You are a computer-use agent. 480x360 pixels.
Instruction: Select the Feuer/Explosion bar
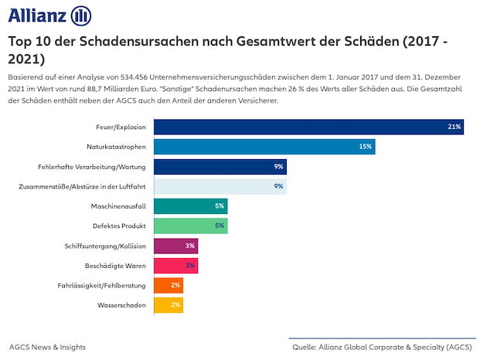(x=308, y=127)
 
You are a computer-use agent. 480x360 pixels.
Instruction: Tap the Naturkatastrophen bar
(x=264, y=146)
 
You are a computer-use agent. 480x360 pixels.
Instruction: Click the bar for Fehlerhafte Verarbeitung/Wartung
(x=220, y=166)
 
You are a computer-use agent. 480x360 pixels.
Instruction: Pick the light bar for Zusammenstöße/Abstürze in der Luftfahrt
(x=220, y=186)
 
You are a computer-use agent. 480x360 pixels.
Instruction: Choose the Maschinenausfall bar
(x=190, y=206)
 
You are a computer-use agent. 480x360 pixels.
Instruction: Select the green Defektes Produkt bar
(x=190, y=226)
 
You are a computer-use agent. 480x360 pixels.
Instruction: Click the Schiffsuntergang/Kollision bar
(x=175, y=246)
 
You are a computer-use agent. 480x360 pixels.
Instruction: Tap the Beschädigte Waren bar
(x=175, y=266)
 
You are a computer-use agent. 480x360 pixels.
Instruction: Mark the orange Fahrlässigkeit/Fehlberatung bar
(x=169, y=285)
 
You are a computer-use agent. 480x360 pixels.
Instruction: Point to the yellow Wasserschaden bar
(x=169, y=305)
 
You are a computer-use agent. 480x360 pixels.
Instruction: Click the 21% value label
(x=454, y=127)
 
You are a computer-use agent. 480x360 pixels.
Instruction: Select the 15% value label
(x=366, y=146)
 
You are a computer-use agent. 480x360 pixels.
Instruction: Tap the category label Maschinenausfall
(x=119, y=206)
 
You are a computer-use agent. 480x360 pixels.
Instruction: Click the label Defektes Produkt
(x=120, y=226)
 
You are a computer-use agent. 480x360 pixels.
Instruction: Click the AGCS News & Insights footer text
(x=48, y=347)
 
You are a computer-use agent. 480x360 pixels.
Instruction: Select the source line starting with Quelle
(x=382, y=347)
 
